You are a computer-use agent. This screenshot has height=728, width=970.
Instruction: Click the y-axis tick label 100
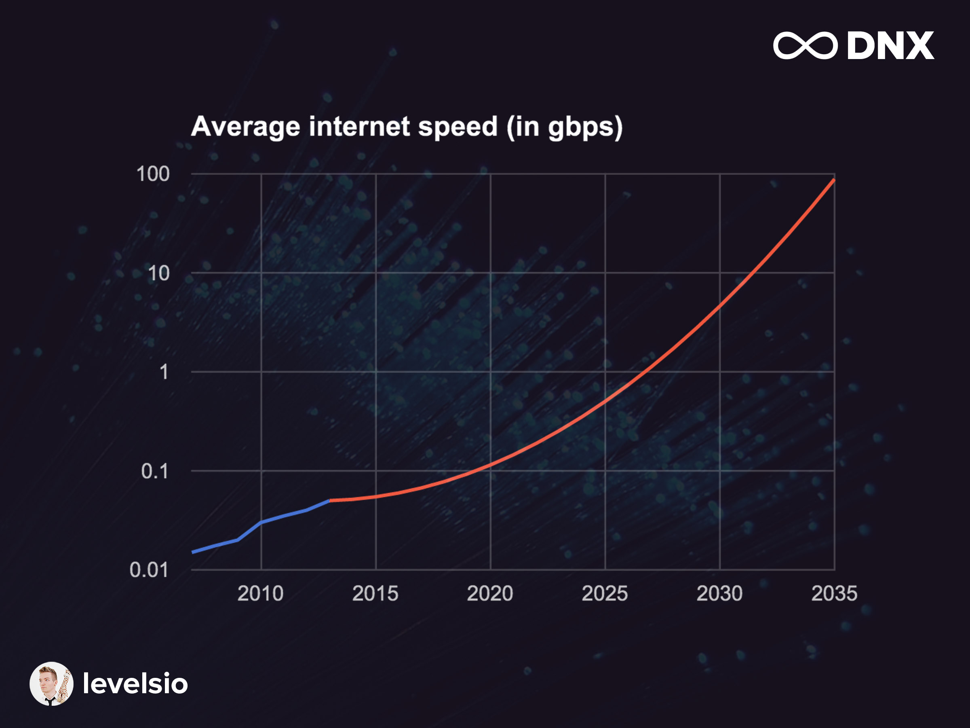(153, 174)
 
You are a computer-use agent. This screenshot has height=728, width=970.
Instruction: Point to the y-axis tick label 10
(158, 273)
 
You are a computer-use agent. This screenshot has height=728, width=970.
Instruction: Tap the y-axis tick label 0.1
(155, 471)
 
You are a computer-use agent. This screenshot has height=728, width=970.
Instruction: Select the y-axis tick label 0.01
(149, 570)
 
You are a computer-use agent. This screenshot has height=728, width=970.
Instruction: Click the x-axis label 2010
(260, 593)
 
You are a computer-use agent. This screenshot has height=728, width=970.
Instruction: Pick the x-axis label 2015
(375, 593)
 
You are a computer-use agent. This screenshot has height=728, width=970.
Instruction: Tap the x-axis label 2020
(490, 593)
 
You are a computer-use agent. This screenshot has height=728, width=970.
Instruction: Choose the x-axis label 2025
(605, 593)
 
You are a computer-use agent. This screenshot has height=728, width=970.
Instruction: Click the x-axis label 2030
(719, 593)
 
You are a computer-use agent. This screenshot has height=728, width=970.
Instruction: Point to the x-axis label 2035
(834, 593)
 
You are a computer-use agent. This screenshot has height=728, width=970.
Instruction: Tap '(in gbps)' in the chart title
(564, 127)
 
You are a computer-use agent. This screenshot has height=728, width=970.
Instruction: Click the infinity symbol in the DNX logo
(805, 45)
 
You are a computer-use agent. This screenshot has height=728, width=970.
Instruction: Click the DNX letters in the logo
(890, 45)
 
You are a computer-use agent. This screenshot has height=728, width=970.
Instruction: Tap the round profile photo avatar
(51, 684)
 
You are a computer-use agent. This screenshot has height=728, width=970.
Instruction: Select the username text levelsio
(135, 684)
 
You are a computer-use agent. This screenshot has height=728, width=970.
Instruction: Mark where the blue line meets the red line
(330, 500)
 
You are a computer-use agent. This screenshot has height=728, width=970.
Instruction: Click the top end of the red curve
(834, 180)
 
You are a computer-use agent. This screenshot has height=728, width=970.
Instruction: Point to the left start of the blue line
(193, 552)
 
